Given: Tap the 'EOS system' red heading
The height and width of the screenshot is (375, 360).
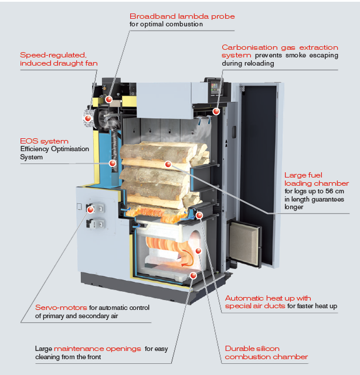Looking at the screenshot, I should pos(44,141).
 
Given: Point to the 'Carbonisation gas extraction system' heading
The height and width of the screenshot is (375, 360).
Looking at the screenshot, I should pos(280,51).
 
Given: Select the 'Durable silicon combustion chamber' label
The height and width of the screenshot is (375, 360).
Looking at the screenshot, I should pos(266,353).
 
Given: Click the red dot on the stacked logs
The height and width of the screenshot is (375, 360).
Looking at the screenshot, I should pos(168,165).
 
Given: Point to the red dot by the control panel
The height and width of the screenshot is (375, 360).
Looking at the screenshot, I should pos(216,111).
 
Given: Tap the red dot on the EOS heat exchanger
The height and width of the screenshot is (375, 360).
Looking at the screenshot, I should pos(111,165).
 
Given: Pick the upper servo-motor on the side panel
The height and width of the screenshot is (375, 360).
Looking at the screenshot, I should pos(94,207).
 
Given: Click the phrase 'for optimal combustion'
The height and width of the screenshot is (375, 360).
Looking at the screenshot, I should pos(166,25).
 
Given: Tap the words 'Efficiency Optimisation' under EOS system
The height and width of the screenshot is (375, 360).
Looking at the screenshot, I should pos(54,149).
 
